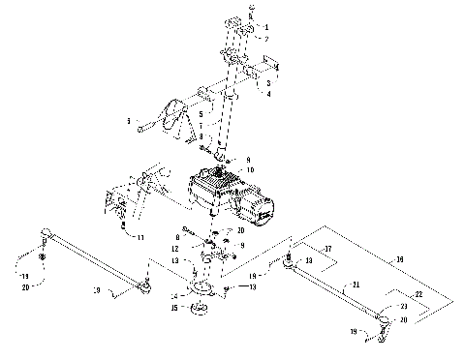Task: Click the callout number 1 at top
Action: tap(266, 26)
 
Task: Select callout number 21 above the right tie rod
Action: tap(356, 285)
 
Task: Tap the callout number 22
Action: tap(418, 293)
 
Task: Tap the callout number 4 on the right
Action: tap(267, 94)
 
